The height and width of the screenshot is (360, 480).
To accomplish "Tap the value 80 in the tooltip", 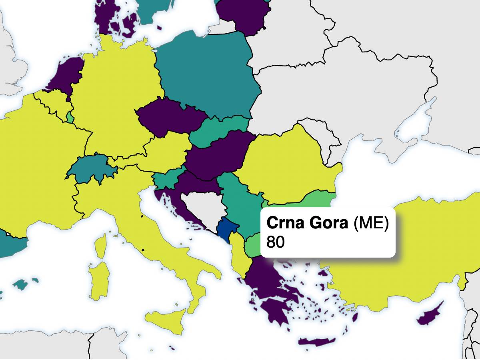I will (x=275, y=242).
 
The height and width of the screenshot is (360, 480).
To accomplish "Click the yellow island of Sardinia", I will (x=99, y=280).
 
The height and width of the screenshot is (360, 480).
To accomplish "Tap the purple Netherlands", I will (x=66, y=74).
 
